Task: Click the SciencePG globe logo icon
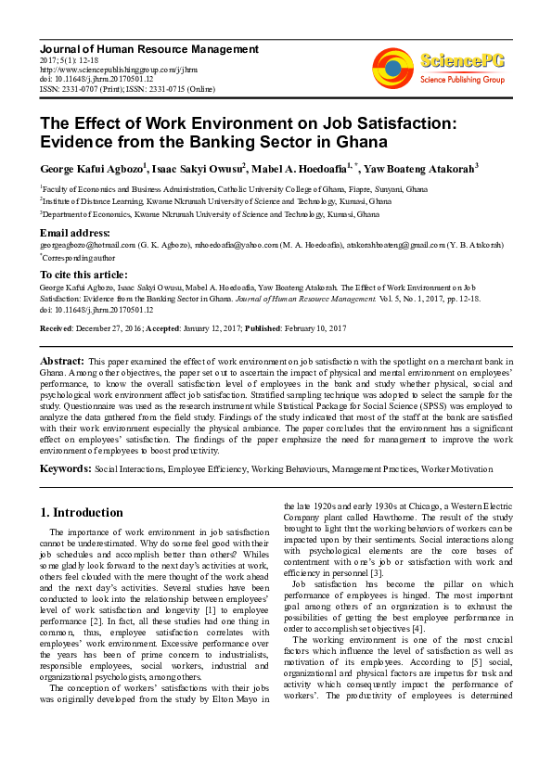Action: pyautogui.click(x=393, y=67)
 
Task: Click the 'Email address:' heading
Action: pyautogui.click(x=75, y=231)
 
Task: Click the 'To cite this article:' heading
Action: pyautogui.click(x=85, y=275)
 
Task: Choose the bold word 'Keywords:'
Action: pyautogui.click(x=66, y=469)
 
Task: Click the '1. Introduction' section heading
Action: pyautogui.click(x=83, y=512)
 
